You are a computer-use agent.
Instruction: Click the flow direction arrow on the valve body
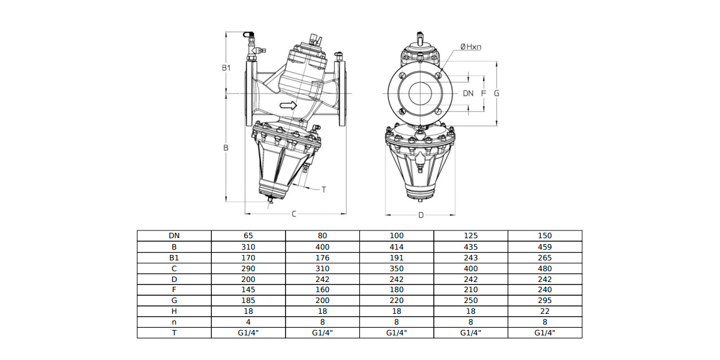288,106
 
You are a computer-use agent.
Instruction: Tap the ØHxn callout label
470,47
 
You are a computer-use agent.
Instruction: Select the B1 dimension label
226,68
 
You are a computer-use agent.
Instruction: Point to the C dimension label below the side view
294,214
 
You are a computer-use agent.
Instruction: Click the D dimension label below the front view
421,215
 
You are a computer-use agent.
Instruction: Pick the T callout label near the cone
323,190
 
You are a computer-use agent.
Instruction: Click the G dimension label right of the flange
497,93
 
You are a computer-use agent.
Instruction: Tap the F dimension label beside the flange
484,93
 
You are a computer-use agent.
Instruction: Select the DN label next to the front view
468,93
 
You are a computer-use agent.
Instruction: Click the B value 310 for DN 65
248,247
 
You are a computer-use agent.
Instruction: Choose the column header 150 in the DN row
545,236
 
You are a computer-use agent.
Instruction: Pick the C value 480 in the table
545,268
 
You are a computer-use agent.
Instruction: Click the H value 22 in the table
545,311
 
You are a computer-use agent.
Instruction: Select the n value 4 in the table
248,322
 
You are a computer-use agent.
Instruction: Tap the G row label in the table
174,301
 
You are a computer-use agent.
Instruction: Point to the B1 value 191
397,258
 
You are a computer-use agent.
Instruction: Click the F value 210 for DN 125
470,290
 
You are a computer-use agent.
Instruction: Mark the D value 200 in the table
248,280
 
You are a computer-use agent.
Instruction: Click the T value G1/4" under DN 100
397,332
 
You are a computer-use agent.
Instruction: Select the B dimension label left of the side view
226,148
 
